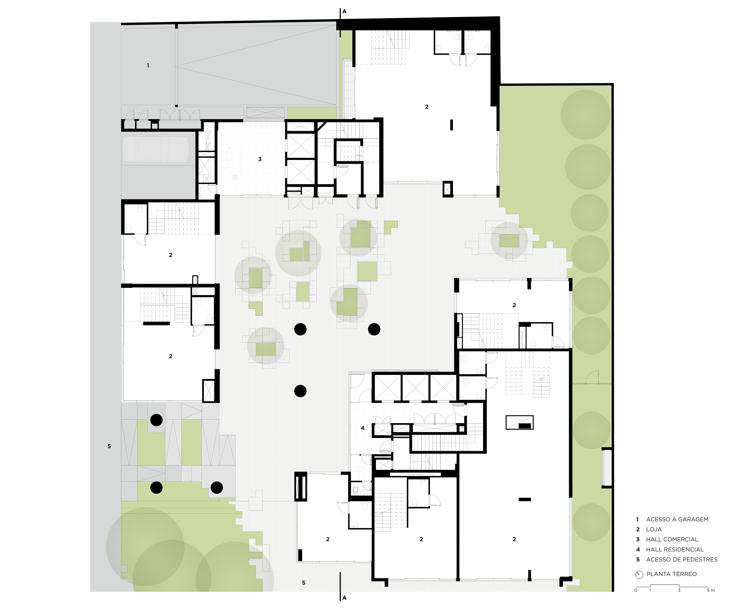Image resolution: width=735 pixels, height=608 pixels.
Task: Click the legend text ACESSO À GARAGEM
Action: (x=677, y=519)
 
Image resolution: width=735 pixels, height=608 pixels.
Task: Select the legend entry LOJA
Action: (x=654, y=530)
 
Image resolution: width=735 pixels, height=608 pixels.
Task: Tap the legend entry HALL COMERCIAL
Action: (x=672, y=539)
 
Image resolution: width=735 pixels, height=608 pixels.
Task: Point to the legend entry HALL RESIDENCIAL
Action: (x=675, y=550)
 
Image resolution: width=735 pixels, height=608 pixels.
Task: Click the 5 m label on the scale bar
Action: (x=710, y=590)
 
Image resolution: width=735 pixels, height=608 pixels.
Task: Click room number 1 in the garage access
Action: (x=148, y=65)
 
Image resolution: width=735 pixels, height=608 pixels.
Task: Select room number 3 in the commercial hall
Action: (x=260, y=159)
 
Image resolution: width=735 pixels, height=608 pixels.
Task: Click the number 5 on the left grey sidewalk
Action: (x=109, y=446)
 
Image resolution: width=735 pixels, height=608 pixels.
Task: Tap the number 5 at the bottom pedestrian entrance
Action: (x=304, y=583)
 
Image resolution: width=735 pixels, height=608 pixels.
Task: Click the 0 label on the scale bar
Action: (x=636, y=590)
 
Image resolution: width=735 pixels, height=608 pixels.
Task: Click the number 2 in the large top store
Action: (x=427, y=107)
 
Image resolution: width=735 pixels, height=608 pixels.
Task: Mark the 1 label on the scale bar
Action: (x=650, y=590)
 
